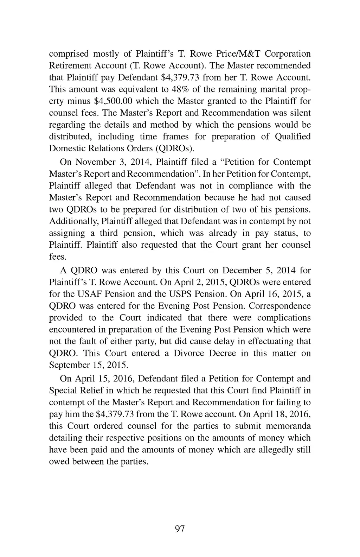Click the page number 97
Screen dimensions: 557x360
point(180,529)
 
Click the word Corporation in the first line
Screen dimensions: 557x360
point(288,54)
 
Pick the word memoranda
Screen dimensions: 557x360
point(288,426)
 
